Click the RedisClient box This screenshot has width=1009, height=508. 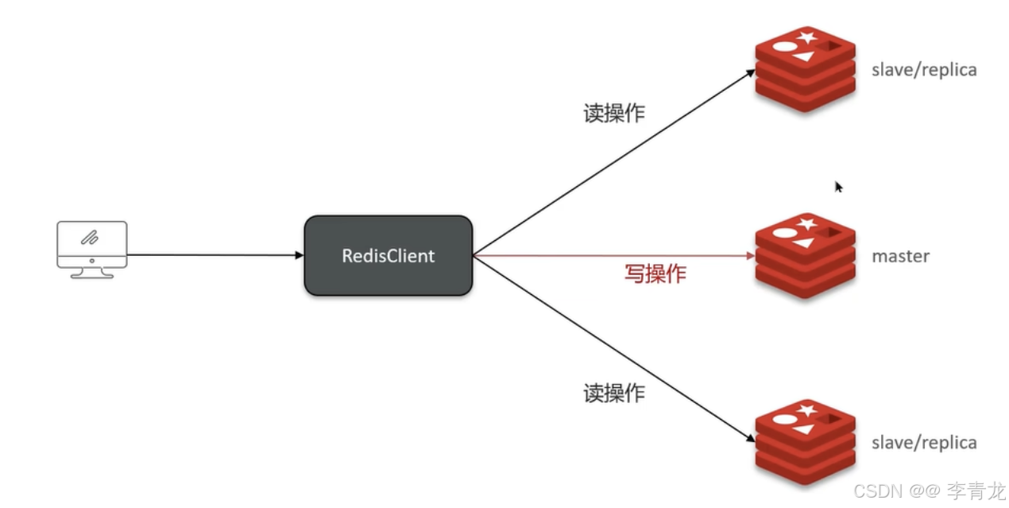tap(389, 256)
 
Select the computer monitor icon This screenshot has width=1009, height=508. tap(92, 249)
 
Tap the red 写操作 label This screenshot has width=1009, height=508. tap(654, 274)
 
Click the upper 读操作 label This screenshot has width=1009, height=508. tap(614, 113)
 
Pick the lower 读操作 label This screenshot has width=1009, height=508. tap(614, 392)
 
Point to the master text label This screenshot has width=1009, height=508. tap(900, 256)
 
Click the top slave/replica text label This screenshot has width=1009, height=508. tap(924, 70)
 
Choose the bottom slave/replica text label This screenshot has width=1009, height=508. tap(924, 443)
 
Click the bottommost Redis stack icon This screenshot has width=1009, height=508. tap(805, 441)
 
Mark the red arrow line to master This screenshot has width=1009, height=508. tap(612, 256)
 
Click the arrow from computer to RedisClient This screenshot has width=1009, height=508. tap(215, 255)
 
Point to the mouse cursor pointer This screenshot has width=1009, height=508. tap(838, 186)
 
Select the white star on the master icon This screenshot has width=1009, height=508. tap(808, 224)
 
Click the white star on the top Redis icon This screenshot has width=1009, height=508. tap(808, 37)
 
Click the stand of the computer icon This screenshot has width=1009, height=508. tap(92, 273)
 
